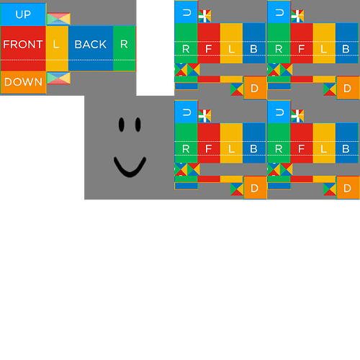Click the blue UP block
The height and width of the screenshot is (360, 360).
23,14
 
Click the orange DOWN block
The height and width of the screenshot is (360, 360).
23,82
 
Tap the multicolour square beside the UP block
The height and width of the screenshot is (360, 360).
58,19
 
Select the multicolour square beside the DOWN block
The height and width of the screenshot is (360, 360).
58,78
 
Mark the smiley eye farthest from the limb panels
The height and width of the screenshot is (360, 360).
121,125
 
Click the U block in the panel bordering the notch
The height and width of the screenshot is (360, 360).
186,12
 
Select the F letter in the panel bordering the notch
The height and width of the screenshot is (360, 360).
209,49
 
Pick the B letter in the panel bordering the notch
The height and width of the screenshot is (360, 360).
253,49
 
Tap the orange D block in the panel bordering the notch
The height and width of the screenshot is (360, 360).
255,88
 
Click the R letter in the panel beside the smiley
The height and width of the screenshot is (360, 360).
186,148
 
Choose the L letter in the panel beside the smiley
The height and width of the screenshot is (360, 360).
231,148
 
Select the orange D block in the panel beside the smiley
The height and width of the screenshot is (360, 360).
255,187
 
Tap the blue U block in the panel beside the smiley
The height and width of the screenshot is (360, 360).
186,112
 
